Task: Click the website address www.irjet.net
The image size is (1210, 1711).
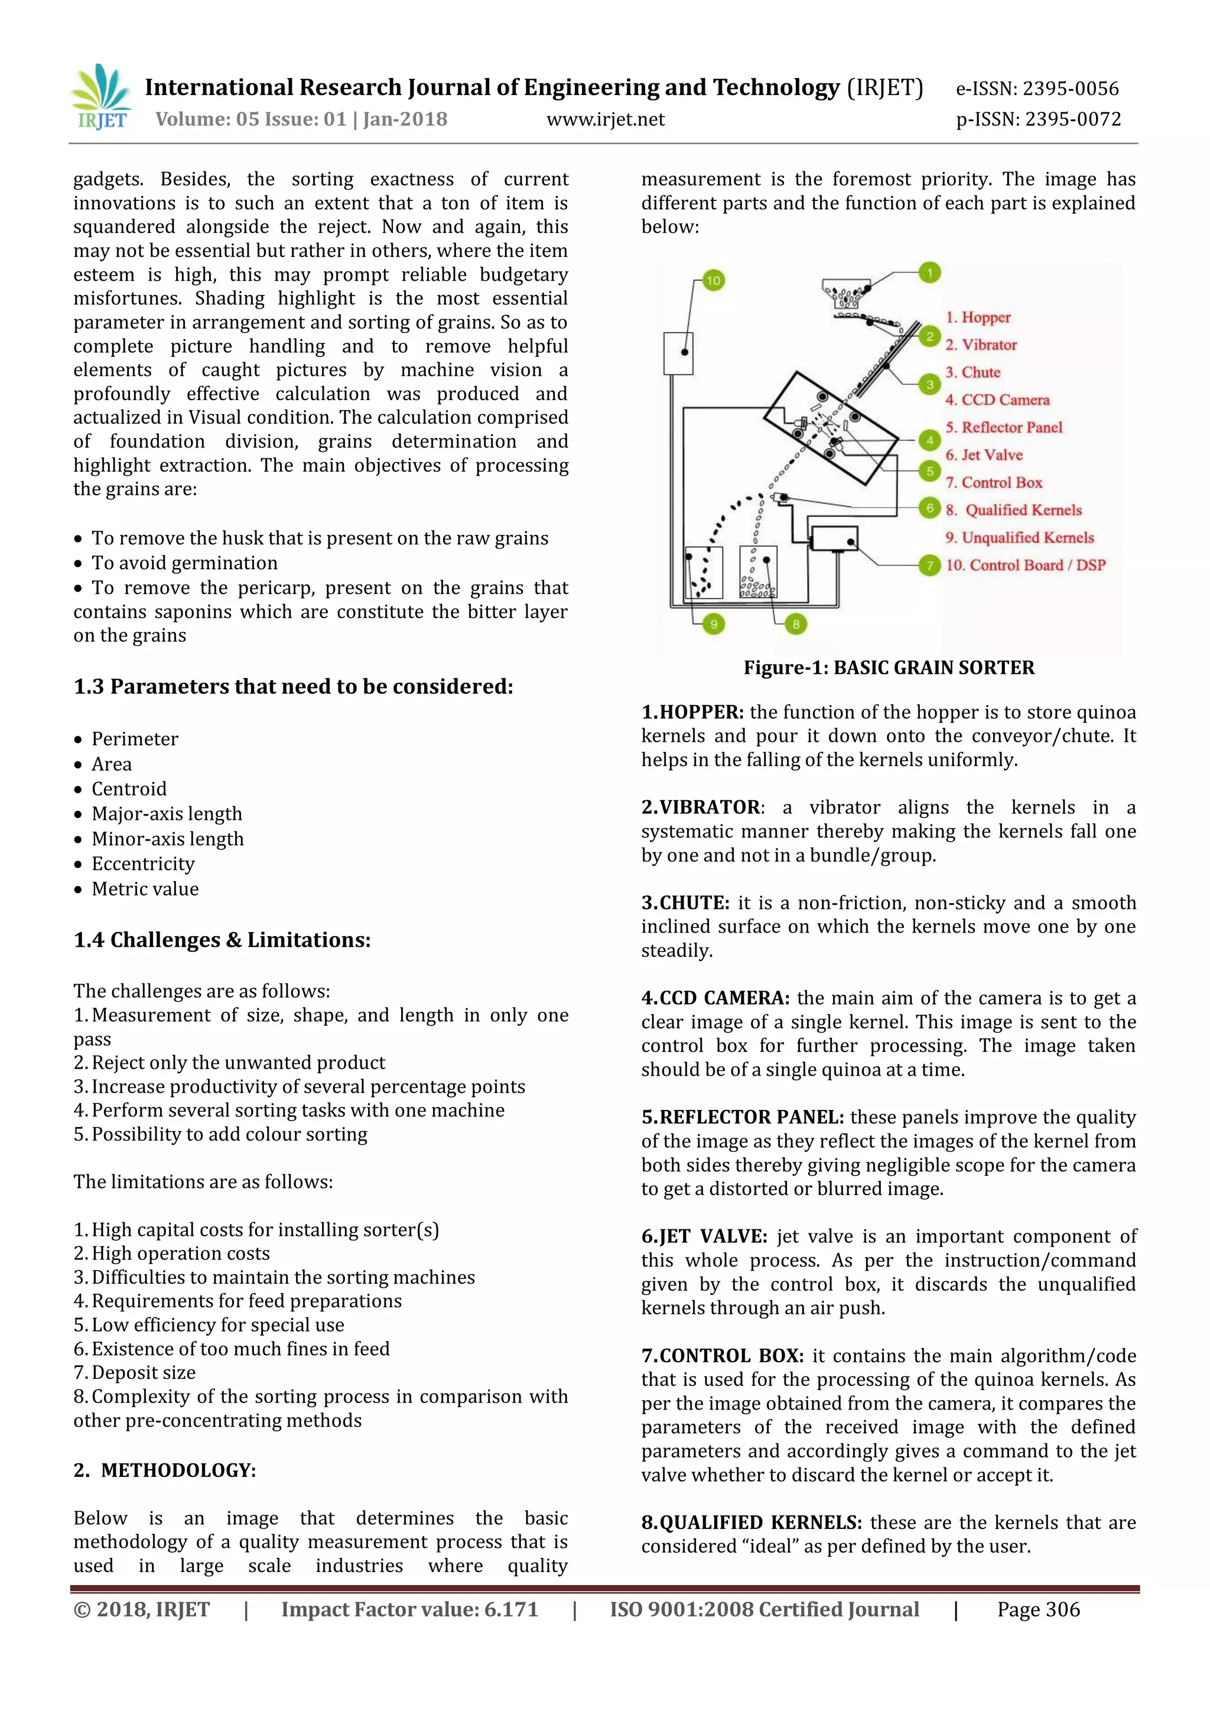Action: click(x=605, y=119)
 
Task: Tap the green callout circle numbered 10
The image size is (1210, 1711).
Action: click(x=713, y=280)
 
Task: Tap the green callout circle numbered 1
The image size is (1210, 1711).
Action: click(x=929, y=272)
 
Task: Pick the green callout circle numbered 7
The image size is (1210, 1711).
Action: click(x=929, y=565)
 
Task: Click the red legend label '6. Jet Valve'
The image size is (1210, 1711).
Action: click(x=984, y=454)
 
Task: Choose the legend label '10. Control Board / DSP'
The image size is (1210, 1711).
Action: click(x=1025, y=565)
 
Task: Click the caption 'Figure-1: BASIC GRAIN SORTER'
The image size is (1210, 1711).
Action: click(x=888, y=668)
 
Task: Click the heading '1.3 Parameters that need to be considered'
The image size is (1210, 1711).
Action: click(x=293, y=686)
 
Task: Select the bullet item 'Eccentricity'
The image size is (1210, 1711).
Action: click(x=143, y=863)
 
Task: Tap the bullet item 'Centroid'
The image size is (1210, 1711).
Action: click(x=129, y=788)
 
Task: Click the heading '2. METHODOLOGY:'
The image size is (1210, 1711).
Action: click(x=165, y=1470)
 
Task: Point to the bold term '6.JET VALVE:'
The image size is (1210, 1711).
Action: click(x=704, y=1236)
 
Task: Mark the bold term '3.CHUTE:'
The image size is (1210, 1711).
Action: click(x=685, y=902)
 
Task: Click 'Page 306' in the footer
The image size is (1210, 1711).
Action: click(x=1038, y=1610)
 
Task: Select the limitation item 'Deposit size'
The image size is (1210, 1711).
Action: click(x=143, y=1373)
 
